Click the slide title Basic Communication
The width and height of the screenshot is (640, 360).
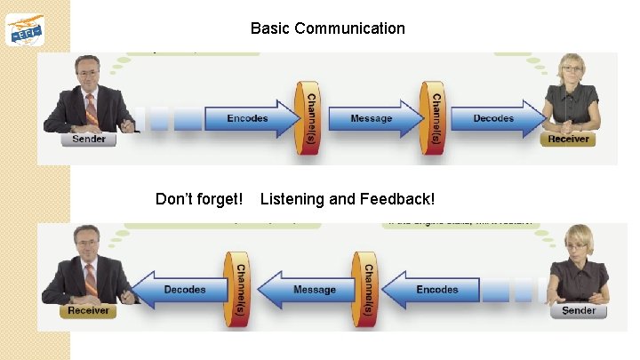(327, 28)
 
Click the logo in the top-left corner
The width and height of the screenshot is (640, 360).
(25, 29)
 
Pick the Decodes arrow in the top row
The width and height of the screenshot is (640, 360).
(494, 118)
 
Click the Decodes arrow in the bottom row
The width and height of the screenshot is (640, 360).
(182, 290)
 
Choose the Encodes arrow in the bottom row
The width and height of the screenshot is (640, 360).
(436, 290)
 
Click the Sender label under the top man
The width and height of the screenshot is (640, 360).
(89, 139)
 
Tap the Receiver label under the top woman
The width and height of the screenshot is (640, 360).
(568, 139)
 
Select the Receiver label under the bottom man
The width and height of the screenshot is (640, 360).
(88, 310)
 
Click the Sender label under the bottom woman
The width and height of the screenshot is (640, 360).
(579, 311)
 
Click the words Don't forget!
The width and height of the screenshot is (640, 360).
(199, 199)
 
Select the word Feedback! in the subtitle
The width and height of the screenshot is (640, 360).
(397, 199)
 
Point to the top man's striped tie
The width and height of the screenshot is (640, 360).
(91, 108)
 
